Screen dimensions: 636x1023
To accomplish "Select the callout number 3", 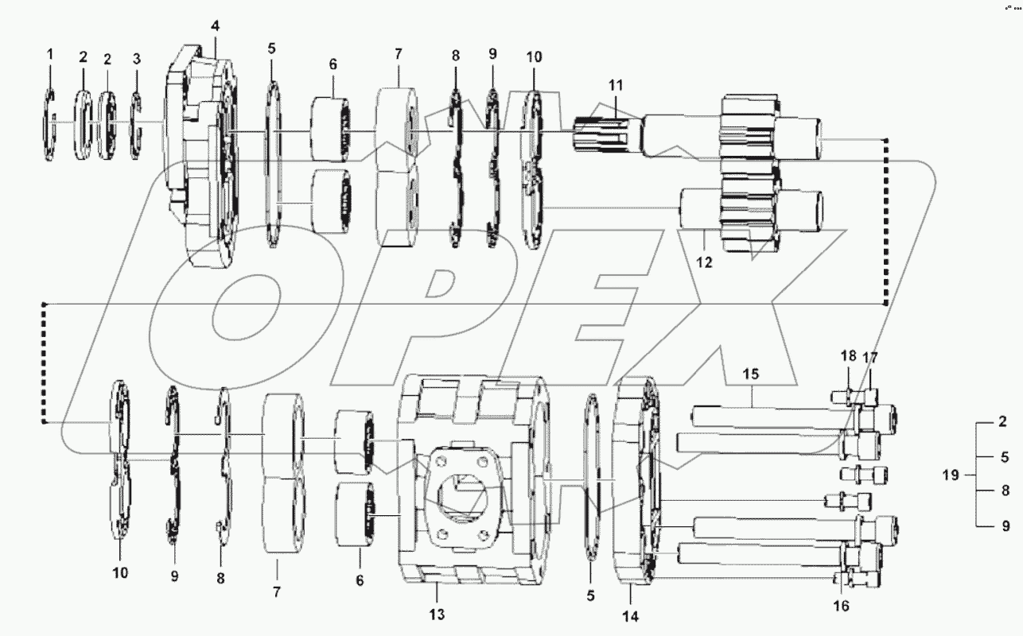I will point(136,58).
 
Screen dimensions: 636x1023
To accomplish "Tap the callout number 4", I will point(215,25).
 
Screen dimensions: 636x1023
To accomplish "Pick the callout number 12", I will point(704,261).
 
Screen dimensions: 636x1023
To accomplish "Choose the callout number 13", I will point(437,614).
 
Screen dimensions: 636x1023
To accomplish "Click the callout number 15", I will point(752,373).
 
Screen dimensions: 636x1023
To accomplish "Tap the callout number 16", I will point(840,606).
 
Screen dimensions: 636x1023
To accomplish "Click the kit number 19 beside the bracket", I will point(951,475).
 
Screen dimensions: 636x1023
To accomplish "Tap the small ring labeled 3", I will point(136,126).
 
